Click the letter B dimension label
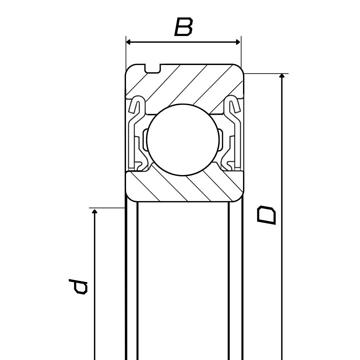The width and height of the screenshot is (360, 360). click(183, 27)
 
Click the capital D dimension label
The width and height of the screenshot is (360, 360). click(266, 215)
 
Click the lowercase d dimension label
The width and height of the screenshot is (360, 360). click(78, 287)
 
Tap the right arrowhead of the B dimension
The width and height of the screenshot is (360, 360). click(238, 42)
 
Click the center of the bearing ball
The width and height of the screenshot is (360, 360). click(183, 140)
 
